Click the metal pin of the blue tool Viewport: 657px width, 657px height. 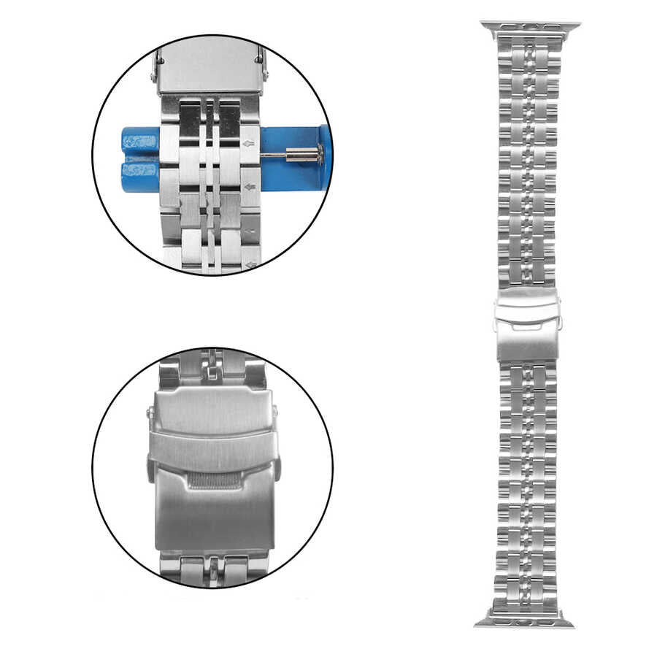[x=292, y=154]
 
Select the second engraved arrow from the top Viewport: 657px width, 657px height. [x=250, y=188]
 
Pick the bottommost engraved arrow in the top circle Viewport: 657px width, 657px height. [x=251, y=265]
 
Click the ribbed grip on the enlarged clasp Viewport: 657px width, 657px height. [x=212, y=480]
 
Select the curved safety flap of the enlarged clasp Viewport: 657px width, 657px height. [x=212, y=453]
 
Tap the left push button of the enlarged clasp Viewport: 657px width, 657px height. [x=150, y=467]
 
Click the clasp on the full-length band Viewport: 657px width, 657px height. [x=526, y=325]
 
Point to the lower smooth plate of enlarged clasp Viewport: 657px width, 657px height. [x=212, y=518]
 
